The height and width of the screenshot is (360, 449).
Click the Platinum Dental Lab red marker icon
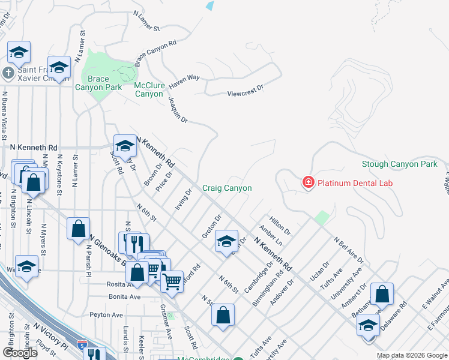pos(309,182)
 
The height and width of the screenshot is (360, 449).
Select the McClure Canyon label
pos(148,89)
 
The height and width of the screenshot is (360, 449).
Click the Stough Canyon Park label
pos(399,164)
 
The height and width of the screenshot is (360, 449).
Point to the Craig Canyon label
pos(226,188)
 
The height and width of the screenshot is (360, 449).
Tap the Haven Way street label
pos(184,78)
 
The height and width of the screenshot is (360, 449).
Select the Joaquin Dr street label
pos(178,110)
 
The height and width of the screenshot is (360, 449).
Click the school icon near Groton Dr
pos(226,241)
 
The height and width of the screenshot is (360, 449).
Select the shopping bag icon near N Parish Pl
pos(78,228)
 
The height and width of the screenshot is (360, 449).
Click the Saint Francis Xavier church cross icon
pos(7,74)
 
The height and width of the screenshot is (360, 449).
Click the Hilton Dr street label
pos(280,226)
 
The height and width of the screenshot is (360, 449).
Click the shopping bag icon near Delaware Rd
pos(382,294)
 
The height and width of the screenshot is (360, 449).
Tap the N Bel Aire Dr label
pos(348,250)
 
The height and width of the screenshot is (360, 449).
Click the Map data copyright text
pos(411,355)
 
